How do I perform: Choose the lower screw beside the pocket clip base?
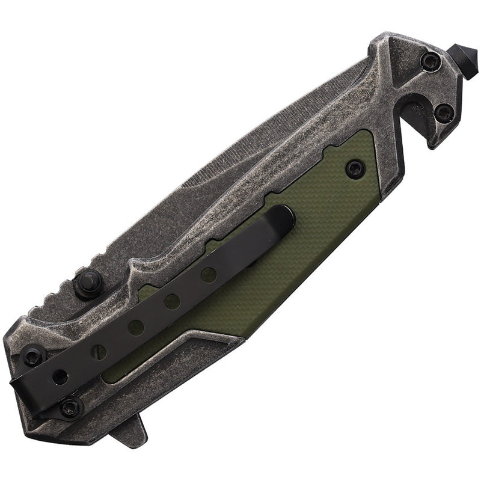72,406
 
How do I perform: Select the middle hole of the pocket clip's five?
136,328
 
